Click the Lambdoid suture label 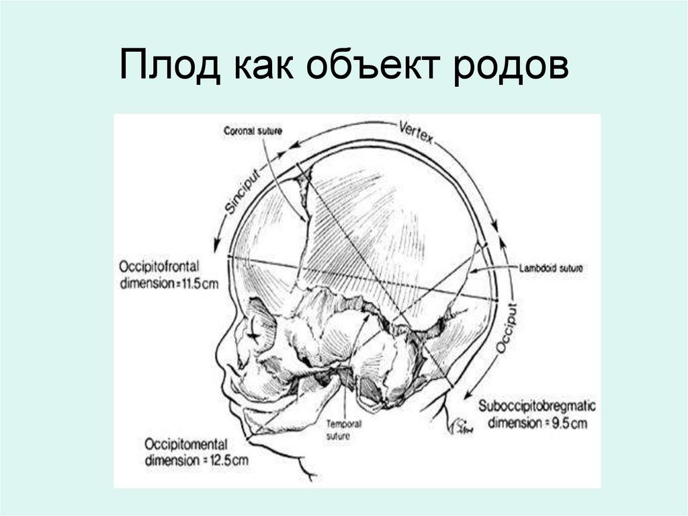pyautogui.click(x=550, y=268)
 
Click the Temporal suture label pyautogui.click(x=344, y=430)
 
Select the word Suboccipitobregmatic pyautogui.click(x=537, y=406)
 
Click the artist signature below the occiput pyautogui.click(x=462, y=426)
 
